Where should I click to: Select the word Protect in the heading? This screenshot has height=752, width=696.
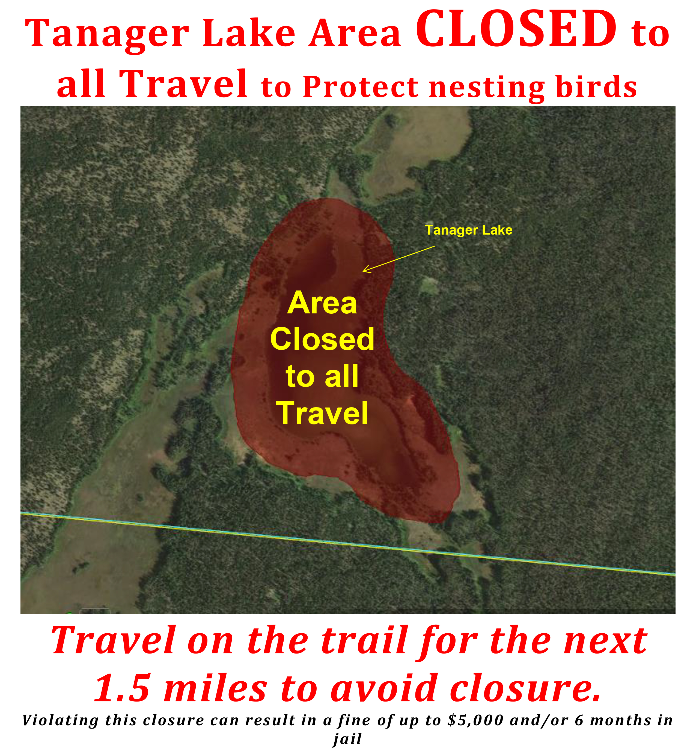click(x=361, y=87)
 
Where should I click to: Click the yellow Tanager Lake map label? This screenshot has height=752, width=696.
click(x=469, y=230)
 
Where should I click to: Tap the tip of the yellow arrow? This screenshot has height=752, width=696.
click(x=363, y=271)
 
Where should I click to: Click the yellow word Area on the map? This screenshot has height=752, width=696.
click(x=322, y=303)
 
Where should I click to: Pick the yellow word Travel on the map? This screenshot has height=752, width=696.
click(x=322, y=413)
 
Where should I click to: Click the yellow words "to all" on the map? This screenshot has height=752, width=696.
click(x=322, y=376)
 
